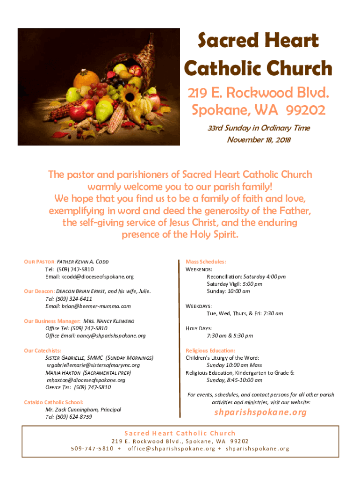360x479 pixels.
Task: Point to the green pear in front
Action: [104, 111]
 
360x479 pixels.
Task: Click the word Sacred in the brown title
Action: [222, 41]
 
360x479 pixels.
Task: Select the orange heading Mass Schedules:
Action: [206, 262]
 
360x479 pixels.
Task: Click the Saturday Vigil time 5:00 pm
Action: [252, 284]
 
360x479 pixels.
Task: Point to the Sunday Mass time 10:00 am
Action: [238, 291]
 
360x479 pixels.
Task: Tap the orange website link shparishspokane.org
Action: [260, 412]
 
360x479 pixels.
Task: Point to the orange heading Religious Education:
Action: [210, 350]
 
